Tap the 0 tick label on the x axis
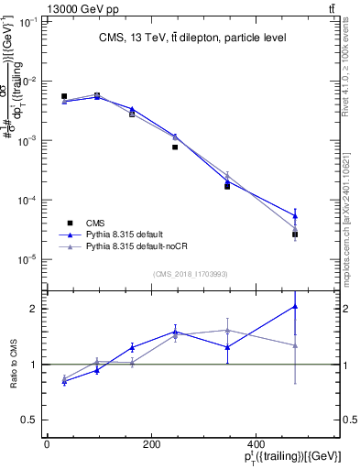47,444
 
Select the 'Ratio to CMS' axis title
13,364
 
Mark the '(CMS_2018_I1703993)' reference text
191,274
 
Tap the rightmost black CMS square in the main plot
295,234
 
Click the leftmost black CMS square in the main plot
64,96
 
